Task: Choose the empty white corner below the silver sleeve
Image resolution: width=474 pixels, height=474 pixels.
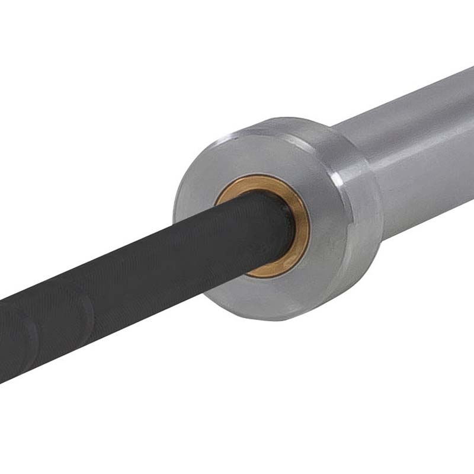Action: pos(415,385)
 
